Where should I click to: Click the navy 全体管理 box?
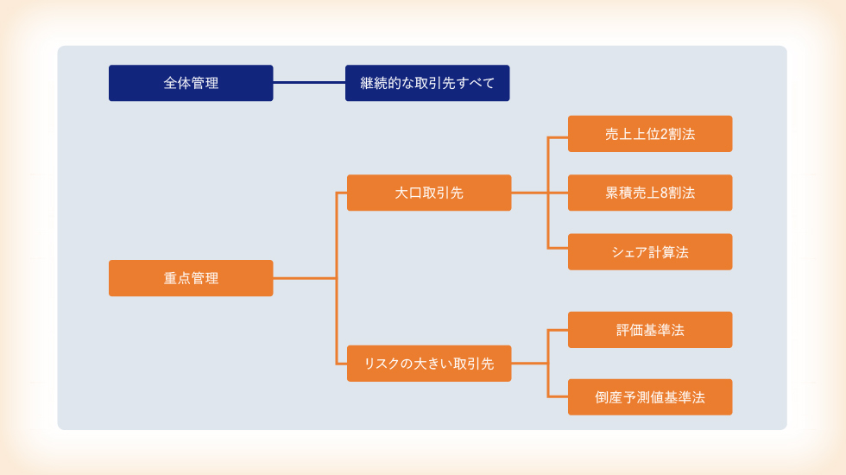tap(191, 83)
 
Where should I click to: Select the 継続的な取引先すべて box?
tap(427, 83)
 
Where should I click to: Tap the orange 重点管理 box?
tap(191, 278)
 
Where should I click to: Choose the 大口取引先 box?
tap(429, 193)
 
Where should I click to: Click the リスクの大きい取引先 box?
tap(429, 364)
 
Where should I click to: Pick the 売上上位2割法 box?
tap(650, 134)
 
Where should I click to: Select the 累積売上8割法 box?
tap(650, 193)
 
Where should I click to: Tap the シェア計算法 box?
tap(650, 252)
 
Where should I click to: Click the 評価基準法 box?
tap(650, 330)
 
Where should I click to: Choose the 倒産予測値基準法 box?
tap(650, 397)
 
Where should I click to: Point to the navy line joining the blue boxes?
tap(309, 83)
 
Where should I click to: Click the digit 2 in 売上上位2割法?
tap(664, 134)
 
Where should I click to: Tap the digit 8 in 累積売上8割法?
tap(664, 193)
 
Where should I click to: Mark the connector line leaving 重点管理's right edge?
tap(305, 278)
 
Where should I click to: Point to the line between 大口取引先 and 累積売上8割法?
tap(540, 193)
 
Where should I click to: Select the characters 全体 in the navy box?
tap(177, 83)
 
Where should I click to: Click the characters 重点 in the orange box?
tap(177, 278)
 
